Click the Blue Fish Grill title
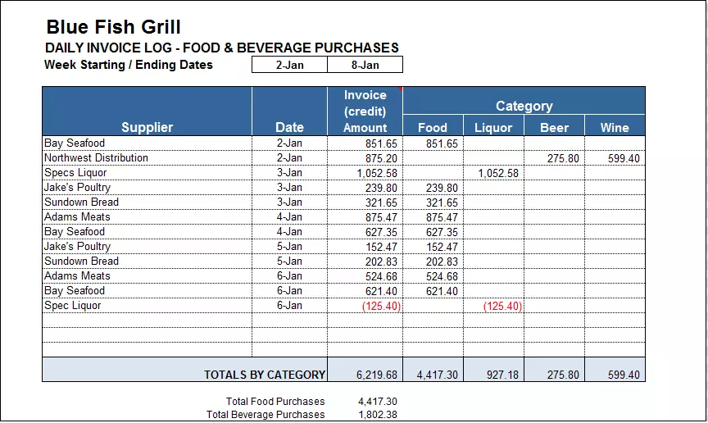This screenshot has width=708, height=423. tap(113, 28)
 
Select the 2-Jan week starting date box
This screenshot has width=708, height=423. tap(289, 65)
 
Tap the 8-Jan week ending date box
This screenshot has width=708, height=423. tap(365, 65)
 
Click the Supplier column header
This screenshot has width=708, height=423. tap(147, 127)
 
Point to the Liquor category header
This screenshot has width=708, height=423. tap(493, 127)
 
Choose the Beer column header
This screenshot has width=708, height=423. tap(554, 127)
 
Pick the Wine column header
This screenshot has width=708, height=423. tap(615, 127)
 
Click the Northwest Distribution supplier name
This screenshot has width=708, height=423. tap(96, 158)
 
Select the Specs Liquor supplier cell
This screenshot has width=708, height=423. tap(75, 173)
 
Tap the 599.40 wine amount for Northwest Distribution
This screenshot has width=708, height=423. tap(624, 158)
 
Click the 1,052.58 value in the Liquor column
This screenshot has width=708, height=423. tap(500, 173)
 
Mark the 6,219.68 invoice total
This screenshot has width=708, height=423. tap(377, 375)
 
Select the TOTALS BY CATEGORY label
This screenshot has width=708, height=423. tap(264, 375)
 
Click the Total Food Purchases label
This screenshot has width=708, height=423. tap(275, 402)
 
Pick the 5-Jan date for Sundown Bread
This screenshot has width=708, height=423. tap(289, 262)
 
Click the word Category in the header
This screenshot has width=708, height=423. tap(524, 106)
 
